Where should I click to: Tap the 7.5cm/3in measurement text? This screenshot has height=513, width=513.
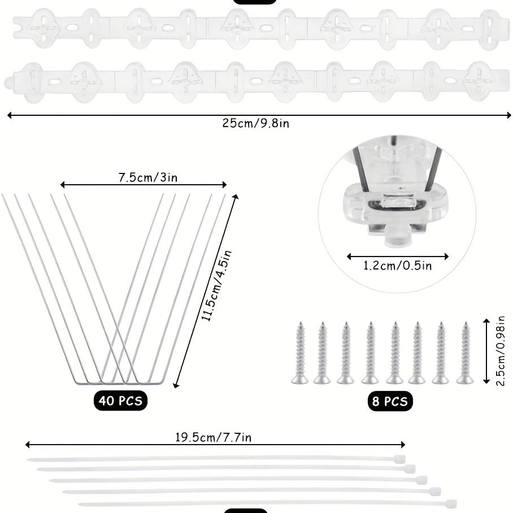147,178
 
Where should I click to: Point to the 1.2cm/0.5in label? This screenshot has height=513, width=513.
397,266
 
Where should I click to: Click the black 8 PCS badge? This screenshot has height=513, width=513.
389,401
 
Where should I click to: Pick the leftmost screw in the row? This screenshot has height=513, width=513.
300,353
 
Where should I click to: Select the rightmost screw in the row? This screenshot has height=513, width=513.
465,353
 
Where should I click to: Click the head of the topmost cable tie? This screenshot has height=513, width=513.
400,458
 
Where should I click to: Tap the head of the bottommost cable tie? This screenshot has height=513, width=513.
450,503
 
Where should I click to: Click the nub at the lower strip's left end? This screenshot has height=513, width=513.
8,82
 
